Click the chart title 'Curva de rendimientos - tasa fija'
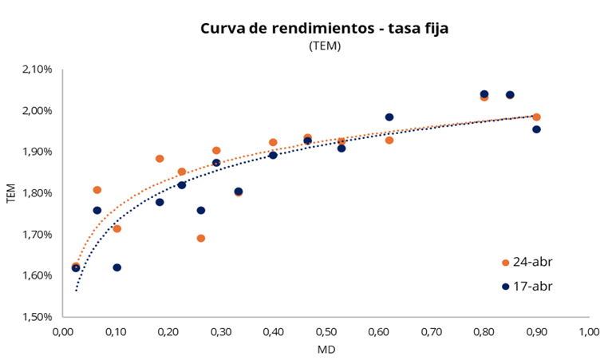(x=325, y=29)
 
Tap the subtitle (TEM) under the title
(x=325, y=46)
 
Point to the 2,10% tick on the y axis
(x=37, y=69)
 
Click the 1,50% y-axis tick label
(x=37, y=317)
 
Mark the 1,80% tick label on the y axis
(x=37, y=193)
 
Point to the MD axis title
(x=326, y=349)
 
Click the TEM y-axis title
(x=11, y=193)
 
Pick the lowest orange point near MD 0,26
(x=201, y=238)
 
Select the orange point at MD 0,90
(x=536, y=117)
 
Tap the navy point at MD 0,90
(x=536, y=129)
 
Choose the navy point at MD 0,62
(x=389, y=117)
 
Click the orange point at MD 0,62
(x=389, y=140)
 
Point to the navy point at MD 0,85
(x=510, y=95)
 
